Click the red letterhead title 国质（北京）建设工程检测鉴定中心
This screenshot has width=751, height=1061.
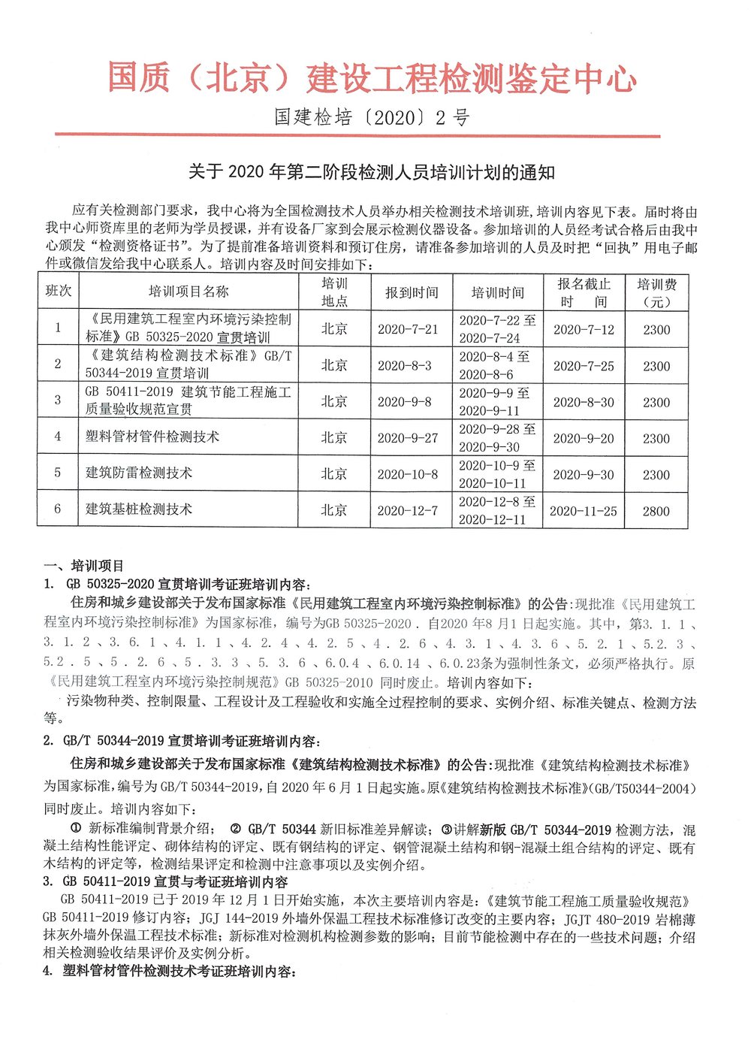[x=372, y=79]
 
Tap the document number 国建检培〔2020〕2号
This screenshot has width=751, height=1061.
[x=372, y=117]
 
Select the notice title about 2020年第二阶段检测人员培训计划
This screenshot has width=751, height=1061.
[x=372, y=172]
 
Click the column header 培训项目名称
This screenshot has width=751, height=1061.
[x=189, y=292]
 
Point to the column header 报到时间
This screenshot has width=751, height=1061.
[x=412, y=292]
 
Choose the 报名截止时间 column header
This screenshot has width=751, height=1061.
[x=584, y=292]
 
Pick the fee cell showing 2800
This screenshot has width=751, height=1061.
[x=656, y=511]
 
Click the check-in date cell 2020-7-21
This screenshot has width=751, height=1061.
[x=408, y=329]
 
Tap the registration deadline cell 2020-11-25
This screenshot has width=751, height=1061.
[x=584, y=511]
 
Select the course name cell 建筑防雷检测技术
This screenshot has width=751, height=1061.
[x=139, y=473]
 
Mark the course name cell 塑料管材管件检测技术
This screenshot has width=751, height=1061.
[x=152, y=437]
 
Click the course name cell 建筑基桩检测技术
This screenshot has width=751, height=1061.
[x=139, y=509]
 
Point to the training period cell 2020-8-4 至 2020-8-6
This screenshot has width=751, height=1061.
[x=496, y=365]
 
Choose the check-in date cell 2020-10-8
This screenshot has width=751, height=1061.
[x=408, y=474]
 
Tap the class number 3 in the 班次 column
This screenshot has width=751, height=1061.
[x=58, y=400]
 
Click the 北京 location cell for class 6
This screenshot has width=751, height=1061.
[x=334, y=510]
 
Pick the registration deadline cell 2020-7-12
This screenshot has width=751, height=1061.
[x=584, y=330]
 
